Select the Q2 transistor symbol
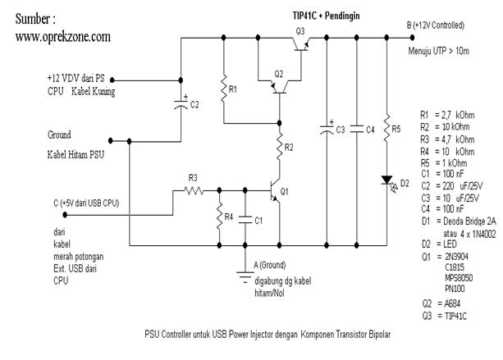pyautogui.click(x=280, y=85)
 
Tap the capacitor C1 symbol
pyautogui.click(x=245, y=220)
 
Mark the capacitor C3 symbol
pyautogui.click(x=327, y=129)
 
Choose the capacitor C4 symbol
pyautogui.click(x=356, y=129)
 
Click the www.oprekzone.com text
pyautogui.click(x=62, y=39)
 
